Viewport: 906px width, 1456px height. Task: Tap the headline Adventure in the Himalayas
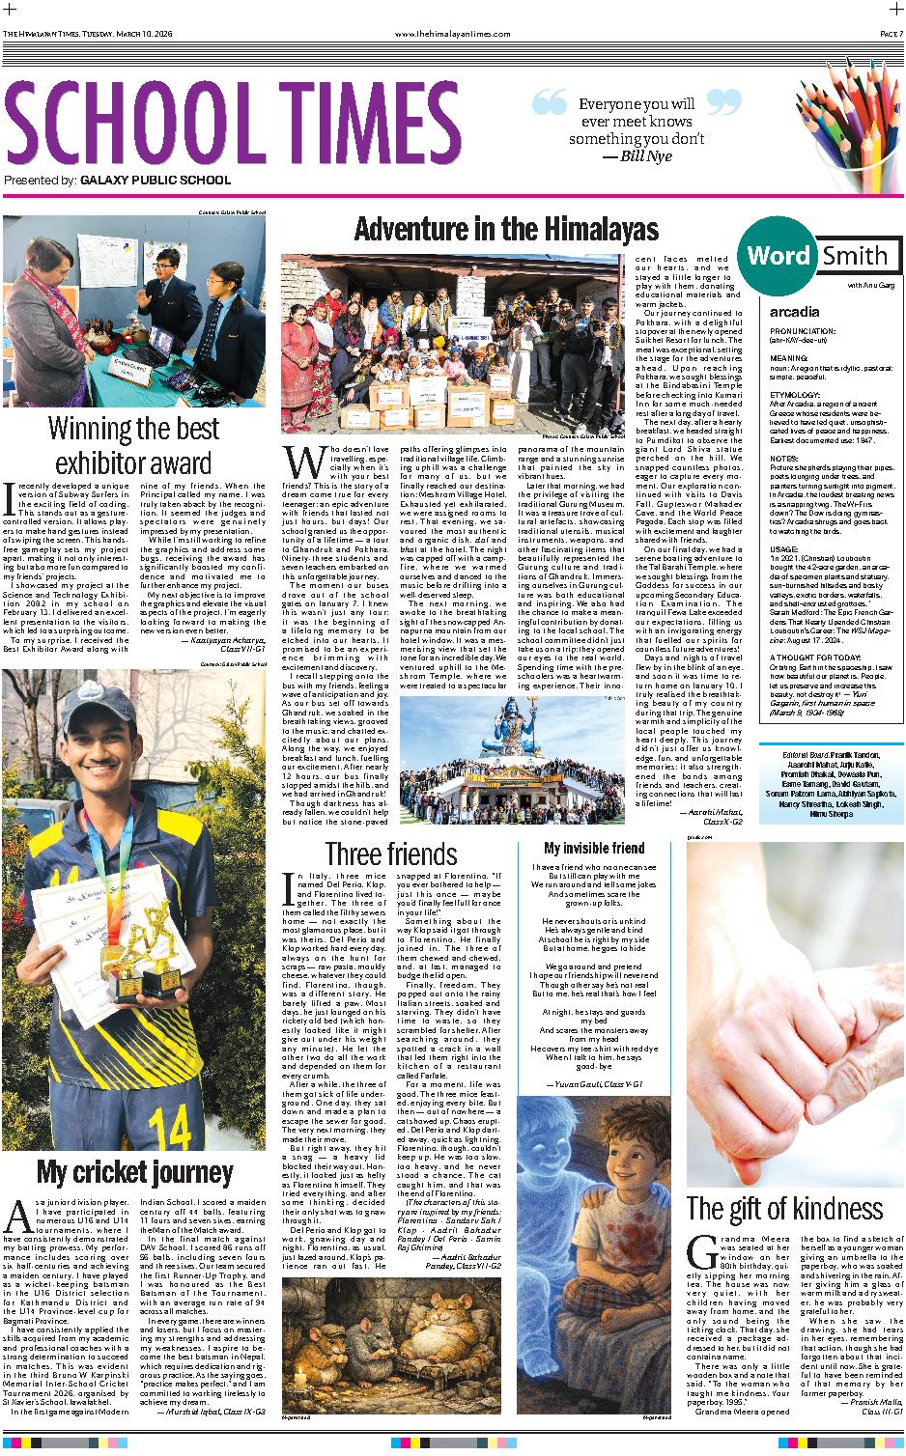(506, 229)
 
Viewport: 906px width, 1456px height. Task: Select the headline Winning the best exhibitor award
(134, 444)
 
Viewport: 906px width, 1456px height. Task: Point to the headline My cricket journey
(134, 1173)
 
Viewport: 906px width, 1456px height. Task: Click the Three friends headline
(391, 854)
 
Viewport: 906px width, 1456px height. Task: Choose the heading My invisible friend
(594, 849)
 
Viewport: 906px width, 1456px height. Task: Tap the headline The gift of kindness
(784, 1208)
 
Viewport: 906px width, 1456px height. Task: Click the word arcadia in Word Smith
(794, 312)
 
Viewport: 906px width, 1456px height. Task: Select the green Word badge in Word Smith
(778, 255)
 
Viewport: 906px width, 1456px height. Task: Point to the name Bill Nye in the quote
(637, 154)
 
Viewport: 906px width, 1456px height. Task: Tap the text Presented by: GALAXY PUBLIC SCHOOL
(117, 180)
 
